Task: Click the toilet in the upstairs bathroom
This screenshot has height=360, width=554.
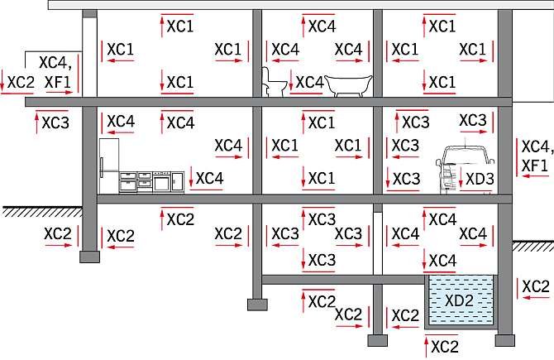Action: [x=274, y=82]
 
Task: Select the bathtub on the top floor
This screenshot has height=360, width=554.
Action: [x=348, y=85]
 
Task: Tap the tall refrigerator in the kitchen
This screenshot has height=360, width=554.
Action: [x=109, y=166]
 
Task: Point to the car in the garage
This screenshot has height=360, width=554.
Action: [x=464, y=170]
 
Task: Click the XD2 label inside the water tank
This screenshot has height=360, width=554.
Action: [x=459, y=300]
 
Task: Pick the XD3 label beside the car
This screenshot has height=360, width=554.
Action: [x=480, y=179]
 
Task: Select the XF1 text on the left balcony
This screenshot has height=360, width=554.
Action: [x=58, y=82]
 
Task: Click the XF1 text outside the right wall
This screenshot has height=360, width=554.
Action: [x=534, y=166]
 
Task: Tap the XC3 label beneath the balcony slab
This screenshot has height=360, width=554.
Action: [x=55, y=123]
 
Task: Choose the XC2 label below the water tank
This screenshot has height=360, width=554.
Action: [x=445, y=347]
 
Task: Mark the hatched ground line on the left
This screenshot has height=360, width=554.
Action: [x=42, y=211]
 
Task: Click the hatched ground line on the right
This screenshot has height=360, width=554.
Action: [x=533, y=246]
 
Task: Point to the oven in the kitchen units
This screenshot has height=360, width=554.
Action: [x=161, y=182]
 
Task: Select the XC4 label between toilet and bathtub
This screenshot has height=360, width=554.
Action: [x=309, y=83]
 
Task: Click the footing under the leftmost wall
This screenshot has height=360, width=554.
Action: [x=90, y=257]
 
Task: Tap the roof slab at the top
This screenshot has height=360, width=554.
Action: [x=301, y=5]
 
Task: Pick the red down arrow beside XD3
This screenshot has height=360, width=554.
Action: [x=461, y=178]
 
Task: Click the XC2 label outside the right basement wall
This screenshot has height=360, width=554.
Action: [x=536, y=286]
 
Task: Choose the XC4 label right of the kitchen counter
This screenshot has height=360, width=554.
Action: [x=209, y=179]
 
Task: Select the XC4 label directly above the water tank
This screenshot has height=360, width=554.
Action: [x=442, y=261]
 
